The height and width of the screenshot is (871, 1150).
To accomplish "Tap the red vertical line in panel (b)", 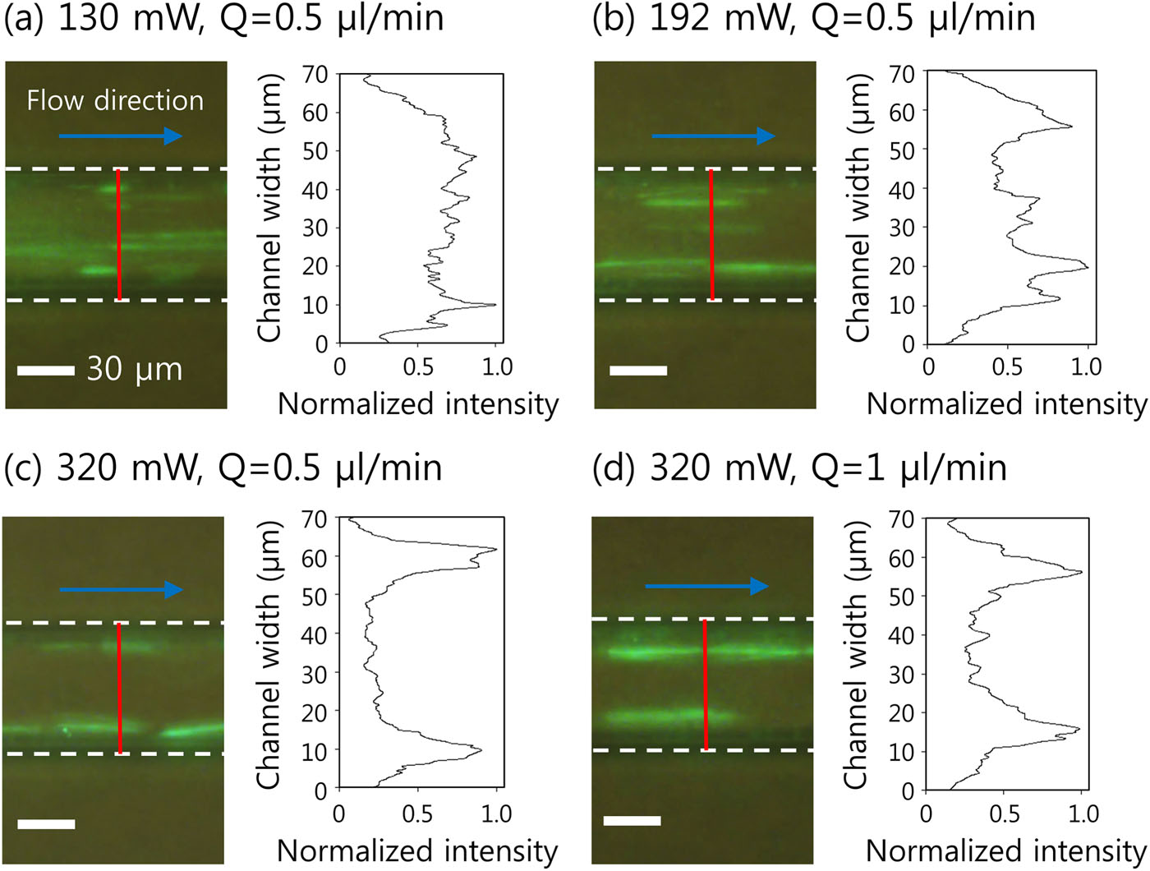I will pos(711,234).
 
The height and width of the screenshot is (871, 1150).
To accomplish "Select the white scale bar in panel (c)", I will pos(46,823).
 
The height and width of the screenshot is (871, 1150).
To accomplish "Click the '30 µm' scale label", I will pos(134,370).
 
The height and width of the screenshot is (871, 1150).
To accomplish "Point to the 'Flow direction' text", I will pos(115,100).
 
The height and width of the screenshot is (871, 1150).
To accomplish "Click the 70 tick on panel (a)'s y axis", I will pos(318,74).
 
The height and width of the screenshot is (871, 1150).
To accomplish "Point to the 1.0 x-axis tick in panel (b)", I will pos(1085,366).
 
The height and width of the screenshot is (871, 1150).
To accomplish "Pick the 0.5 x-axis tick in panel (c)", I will pos(417,813).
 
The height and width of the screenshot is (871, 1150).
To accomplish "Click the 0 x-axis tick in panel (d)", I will pos(926,813).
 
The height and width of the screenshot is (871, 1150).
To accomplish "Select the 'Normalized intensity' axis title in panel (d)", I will pos(1005,850).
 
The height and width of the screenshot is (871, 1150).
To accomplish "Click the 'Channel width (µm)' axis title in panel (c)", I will pos(270,654).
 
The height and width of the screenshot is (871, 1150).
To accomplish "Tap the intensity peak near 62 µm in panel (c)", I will pos(495,549).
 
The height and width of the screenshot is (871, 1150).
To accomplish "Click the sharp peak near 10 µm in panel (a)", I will pos(494,305).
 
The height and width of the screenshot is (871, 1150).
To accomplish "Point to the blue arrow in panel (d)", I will pos(706,586).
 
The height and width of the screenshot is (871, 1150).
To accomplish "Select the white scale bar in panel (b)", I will pos(638,371).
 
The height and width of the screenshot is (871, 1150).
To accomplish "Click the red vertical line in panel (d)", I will pos(705,684).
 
